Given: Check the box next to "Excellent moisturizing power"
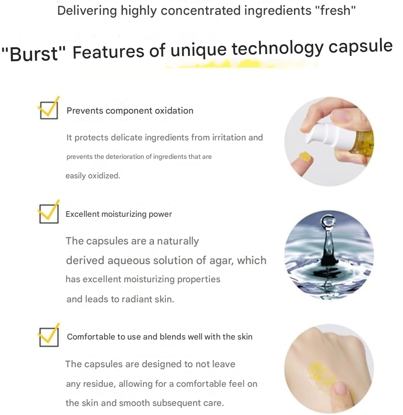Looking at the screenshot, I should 48,213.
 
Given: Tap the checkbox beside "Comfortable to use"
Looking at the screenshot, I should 48,336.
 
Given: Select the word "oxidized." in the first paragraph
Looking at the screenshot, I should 93,176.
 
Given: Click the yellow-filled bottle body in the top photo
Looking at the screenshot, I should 364,143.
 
